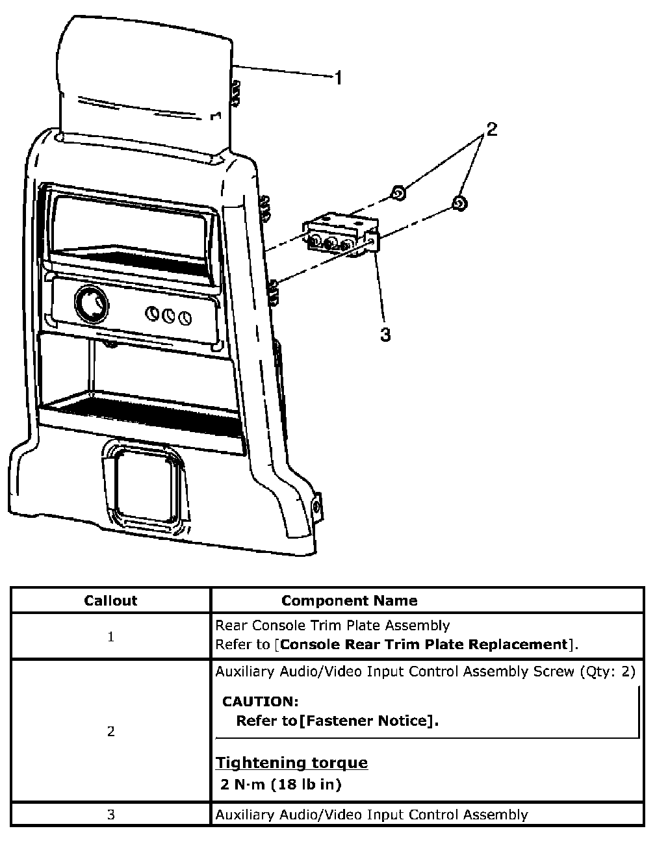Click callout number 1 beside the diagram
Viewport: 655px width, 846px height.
(338, 78)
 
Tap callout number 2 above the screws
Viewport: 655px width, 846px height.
(491, 129)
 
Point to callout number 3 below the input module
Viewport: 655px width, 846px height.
(385, 335)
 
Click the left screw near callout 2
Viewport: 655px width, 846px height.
(399, 193)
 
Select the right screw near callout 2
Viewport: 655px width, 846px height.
(459, 203)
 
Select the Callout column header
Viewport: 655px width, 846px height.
(110, 600)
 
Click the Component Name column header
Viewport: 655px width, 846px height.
(349, 600)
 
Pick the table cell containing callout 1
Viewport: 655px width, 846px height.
(110, 637)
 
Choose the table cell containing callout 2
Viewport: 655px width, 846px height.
(110, 732)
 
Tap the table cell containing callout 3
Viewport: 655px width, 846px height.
(110, 815)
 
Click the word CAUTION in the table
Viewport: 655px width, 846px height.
(260, 702)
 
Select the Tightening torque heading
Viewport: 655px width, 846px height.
(292, 763)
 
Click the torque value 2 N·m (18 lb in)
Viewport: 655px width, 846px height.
(281, 785)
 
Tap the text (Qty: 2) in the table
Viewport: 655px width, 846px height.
(606, 672)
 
